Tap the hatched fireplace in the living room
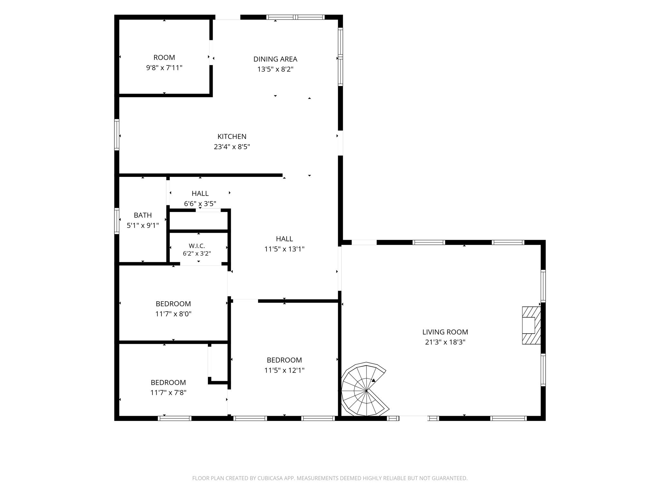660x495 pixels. pyautogui.click(x=531, y=325)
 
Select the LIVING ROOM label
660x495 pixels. pyautogui.click(x=445, y=332)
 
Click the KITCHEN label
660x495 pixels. pyautogui.click(x=232, y=137)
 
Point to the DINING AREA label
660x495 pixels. pyautogui.click(x=275, y=59)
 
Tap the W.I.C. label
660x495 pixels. pyautogui.click(x=197, y=246)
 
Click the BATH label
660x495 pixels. pyautogui.click(x=143, y=215)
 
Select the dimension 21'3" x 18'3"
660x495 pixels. pyautogui.click(x=445, y=342)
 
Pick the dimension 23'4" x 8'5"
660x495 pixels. pyautogui.click(x=232, y=147)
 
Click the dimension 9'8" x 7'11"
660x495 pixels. pyautogui.click(x=164, y=68)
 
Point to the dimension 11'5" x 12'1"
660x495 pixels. pyautogui.click(x=284, y=370)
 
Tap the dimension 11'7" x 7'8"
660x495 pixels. pyautogui.click(x=168, y=393)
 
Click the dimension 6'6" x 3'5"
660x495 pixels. pyautogui.click(x=200, y=204)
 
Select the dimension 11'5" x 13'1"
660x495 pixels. pyautogui.click(x=284, y=249)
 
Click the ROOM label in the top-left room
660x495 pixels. pyautogui.click(x=164, y=58)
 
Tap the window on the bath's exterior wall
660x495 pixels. pyautogui.click(x=117, y=221)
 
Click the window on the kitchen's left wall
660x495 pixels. pyautogui.click(x=117, y=135)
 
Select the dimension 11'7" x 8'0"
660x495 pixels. pyautogui.click(x=173, y=314)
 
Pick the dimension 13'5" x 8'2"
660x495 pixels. pyautogui.click(x=275, y=69)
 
